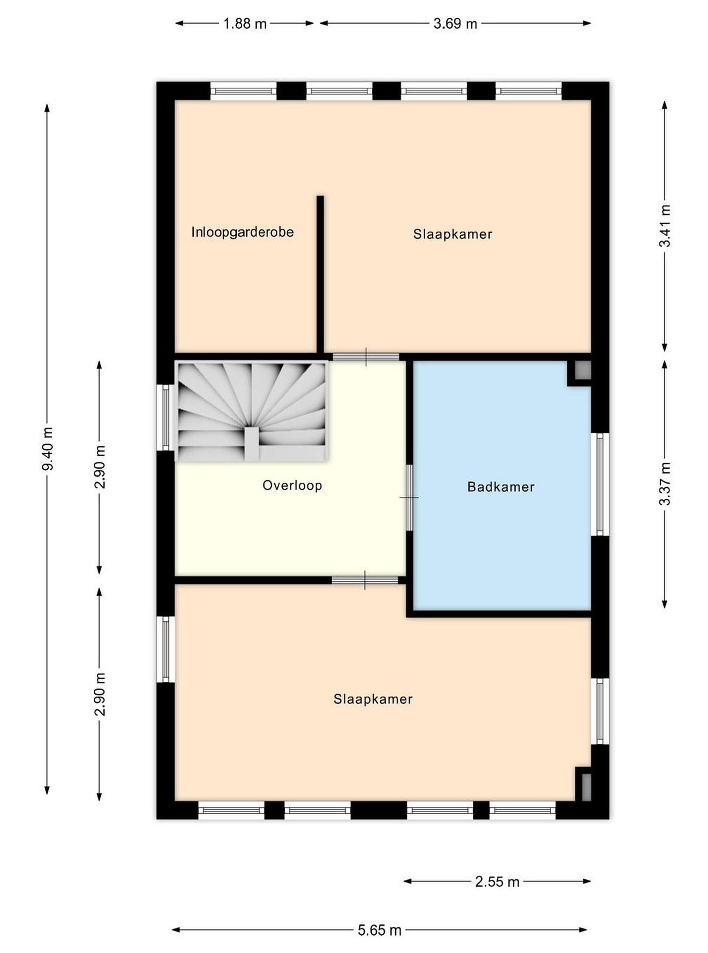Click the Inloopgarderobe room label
(243, 232)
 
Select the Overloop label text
(292, 485)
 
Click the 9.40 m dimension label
(48, 448)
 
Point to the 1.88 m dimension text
(245, 23)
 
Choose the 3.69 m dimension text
(455, 23)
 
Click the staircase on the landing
(252, 411)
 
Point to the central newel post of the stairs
(252, 443)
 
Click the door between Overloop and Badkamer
(409, 498)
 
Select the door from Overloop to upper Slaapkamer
(366, 356)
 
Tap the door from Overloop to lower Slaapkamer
(365, 580)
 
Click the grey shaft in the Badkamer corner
(583, 370)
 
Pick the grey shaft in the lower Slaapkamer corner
(586, 787)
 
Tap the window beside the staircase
(165, 417)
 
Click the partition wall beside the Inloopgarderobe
(320, 275)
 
